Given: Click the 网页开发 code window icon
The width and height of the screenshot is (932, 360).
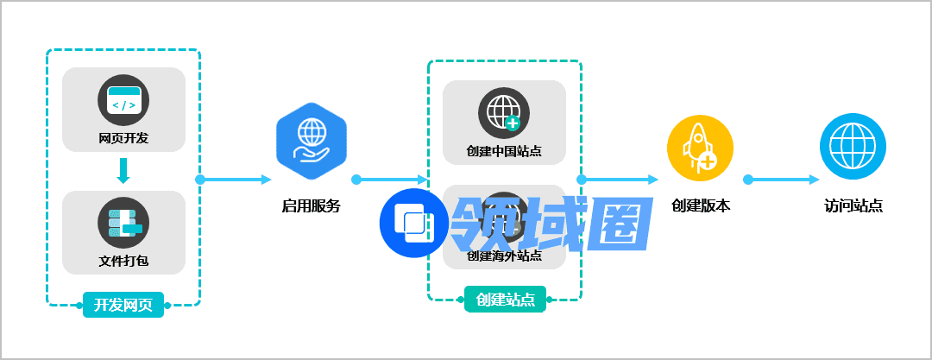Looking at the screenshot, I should point(123,101).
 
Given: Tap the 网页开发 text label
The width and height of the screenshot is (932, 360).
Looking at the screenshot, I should point(123,138).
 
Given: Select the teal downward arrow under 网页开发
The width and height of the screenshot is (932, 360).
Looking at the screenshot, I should point(123,171).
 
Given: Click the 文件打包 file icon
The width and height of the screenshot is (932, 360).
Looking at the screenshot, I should point(123,223).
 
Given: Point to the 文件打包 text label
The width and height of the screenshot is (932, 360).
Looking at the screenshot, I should point(123,261).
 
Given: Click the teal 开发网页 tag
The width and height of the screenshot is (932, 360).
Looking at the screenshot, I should point(123,305).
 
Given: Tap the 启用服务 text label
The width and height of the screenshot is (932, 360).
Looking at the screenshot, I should point(311,206).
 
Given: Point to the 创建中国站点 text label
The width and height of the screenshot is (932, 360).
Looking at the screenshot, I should point(504,151).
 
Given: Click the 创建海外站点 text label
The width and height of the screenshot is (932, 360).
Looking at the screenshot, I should point(504,256).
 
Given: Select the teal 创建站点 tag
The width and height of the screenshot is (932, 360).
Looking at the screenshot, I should point(505,300).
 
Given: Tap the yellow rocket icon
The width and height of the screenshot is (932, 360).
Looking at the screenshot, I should point(700,147).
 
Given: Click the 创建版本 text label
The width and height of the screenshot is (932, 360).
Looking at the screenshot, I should point(700,206).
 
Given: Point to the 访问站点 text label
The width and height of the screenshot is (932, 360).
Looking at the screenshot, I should point(853,206).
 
